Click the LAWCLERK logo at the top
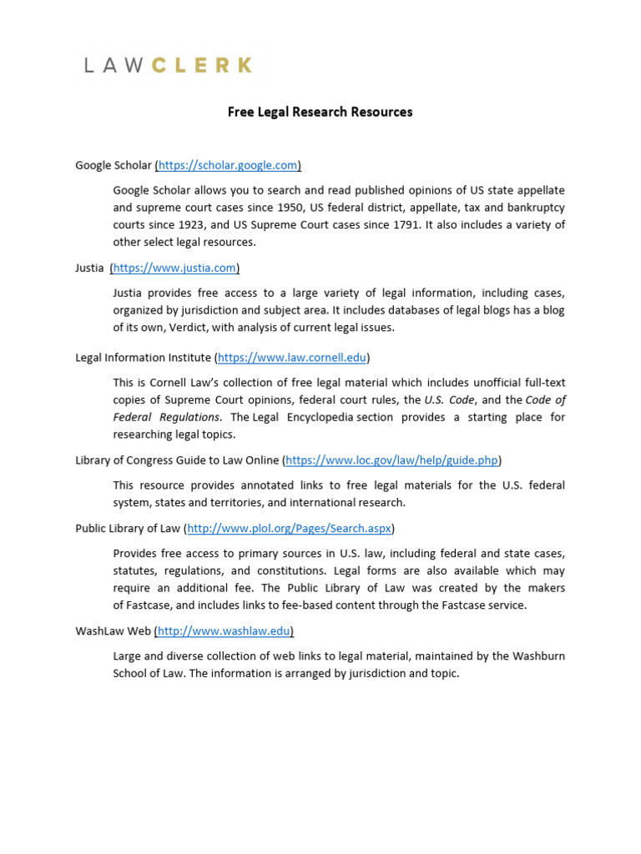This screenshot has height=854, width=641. (168, 65)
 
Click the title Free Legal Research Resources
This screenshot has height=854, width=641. (320, 112)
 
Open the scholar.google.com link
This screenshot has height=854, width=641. (228, 165)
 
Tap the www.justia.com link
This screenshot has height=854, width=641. (175, 268)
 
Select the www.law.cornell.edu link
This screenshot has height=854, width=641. (292, 358)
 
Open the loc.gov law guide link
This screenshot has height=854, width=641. (392, 460)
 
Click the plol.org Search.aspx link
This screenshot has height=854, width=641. (289, 528)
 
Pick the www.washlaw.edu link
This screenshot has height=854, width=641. (225, 630)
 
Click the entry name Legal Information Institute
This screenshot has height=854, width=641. (143, 358)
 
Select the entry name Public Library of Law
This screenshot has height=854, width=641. (128, 528)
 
